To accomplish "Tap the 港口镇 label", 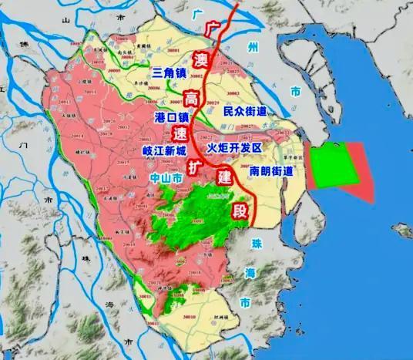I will point(173,117).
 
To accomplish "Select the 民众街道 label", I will point(245,112).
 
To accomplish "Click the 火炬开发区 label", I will point(236,147).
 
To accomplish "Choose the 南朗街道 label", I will point(272,170).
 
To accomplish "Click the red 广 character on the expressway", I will point(216,29).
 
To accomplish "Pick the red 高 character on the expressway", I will point(190,97).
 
